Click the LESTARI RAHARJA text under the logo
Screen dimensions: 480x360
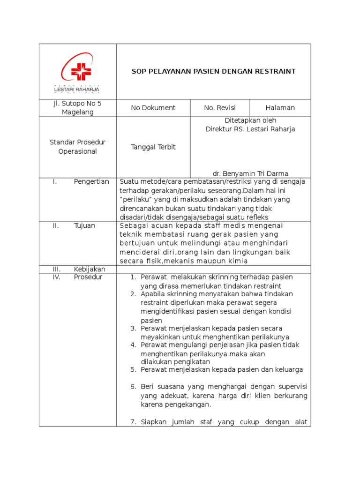coord(77,89)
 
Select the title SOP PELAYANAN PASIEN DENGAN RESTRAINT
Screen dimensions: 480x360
coord(213,71)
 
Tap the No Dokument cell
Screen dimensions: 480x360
coord(153,108)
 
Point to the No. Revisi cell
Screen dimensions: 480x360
coord(220,108)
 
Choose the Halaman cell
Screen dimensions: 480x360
coord(280,108)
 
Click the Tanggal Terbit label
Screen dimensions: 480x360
coord(153,147)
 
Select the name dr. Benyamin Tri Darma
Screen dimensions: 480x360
coord(250,173)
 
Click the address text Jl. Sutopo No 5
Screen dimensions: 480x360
coord(77,104)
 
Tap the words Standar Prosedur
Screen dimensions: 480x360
coord(77,142)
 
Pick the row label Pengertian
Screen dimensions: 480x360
coord(91,182)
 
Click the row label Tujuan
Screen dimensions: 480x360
coord(84,225)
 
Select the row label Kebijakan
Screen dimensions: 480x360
coord(90,269)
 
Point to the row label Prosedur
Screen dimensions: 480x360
coord(88,277)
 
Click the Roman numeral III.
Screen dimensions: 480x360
coord(56,269)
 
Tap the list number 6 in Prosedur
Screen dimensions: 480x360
coord(133,387)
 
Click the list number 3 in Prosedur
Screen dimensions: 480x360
coord(133,328)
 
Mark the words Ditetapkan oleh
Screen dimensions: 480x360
coord(250,120)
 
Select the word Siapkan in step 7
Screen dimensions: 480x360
coord(153,422)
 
